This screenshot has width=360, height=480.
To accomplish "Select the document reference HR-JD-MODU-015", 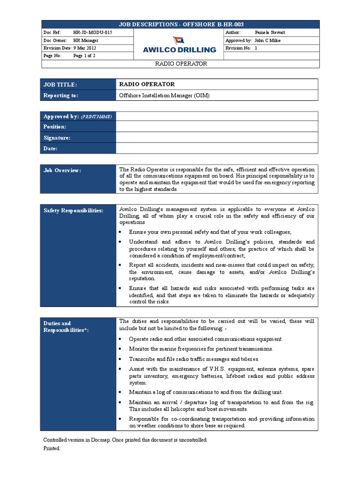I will pyautogui.click(x=92, y=32).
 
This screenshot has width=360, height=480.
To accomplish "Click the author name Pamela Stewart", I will pyautogui.click(x=270, y=32).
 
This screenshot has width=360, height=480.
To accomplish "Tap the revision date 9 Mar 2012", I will pyautogui.click(x=85, y=48).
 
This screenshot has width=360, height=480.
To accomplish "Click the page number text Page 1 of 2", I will pyautogui.click(x=84, y=55).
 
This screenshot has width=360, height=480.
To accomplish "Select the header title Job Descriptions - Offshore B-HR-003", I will pyautogui.click(x=180, y=24).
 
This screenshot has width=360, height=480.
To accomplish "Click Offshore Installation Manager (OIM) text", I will pyautogui.click(x=165, y=95).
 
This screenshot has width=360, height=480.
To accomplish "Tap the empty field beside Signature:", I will pyautogui.click(x=217, y=138).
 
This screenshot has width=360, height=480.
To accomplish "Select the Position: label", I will pyautogui.click(x=55, y=127).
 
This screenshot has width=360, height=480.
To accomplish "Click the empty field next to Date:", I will pyautogui.click(x=217, y=149).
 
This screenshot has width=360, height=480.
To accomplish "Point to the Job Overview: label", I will pyautogui.click(x=62, y=170).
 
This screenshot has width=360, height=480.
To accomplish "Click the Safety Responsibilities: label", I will pyautogui.click(x=73, y=210).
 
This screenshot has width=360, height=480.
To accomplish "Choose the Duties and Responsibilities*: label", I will pyautogui.click(x=66, y=326).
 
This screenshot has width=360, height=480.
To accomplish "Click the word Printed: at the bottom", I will pyautogui.click(x=52, y=448).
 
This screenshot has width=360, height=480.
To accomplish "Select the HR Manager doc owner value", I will pyautogui.click(x=86, y=40).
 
